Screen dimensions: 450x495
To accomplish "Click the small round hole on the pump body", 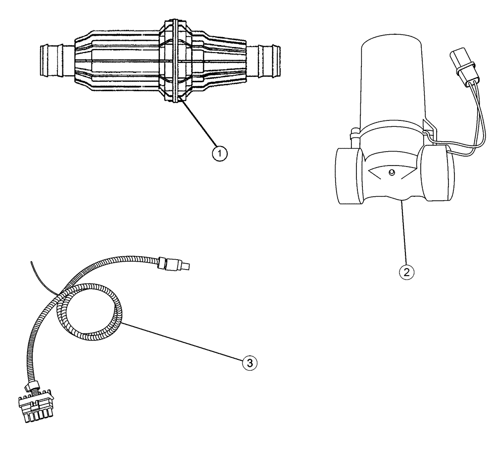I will pyautogui.click(x=391, y=172).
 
